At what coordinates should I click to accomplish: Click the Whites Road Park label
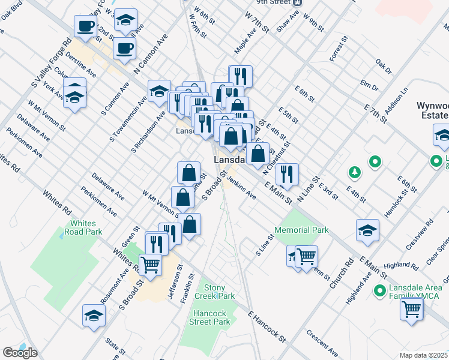pos(84,227)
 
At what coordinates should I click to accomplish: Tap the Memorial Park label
pos(301,230)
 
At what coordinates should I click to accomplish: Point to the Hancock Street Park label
pos(212,317)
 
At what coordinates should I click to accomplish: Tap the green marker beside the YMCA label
pos(379,291)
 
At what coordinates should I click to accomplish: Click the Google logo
pos(20,353)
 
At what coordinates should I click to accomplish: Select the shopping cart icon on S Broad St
pos(150,264)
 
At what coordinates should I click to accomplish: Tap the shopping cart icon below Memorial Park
pos(306,257)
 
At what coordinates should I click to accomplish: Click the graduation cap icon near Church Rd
pos(367,230)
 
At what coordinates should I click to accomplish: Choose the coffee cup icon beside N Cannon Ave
pos(124,48)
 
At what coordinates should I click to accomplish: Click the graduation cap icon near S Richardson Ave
pos(159,91)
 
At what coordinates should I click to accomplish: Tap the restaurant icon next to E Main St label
pos(287,174)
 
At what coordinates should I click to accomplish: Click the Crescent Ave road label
pos(321,340)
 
